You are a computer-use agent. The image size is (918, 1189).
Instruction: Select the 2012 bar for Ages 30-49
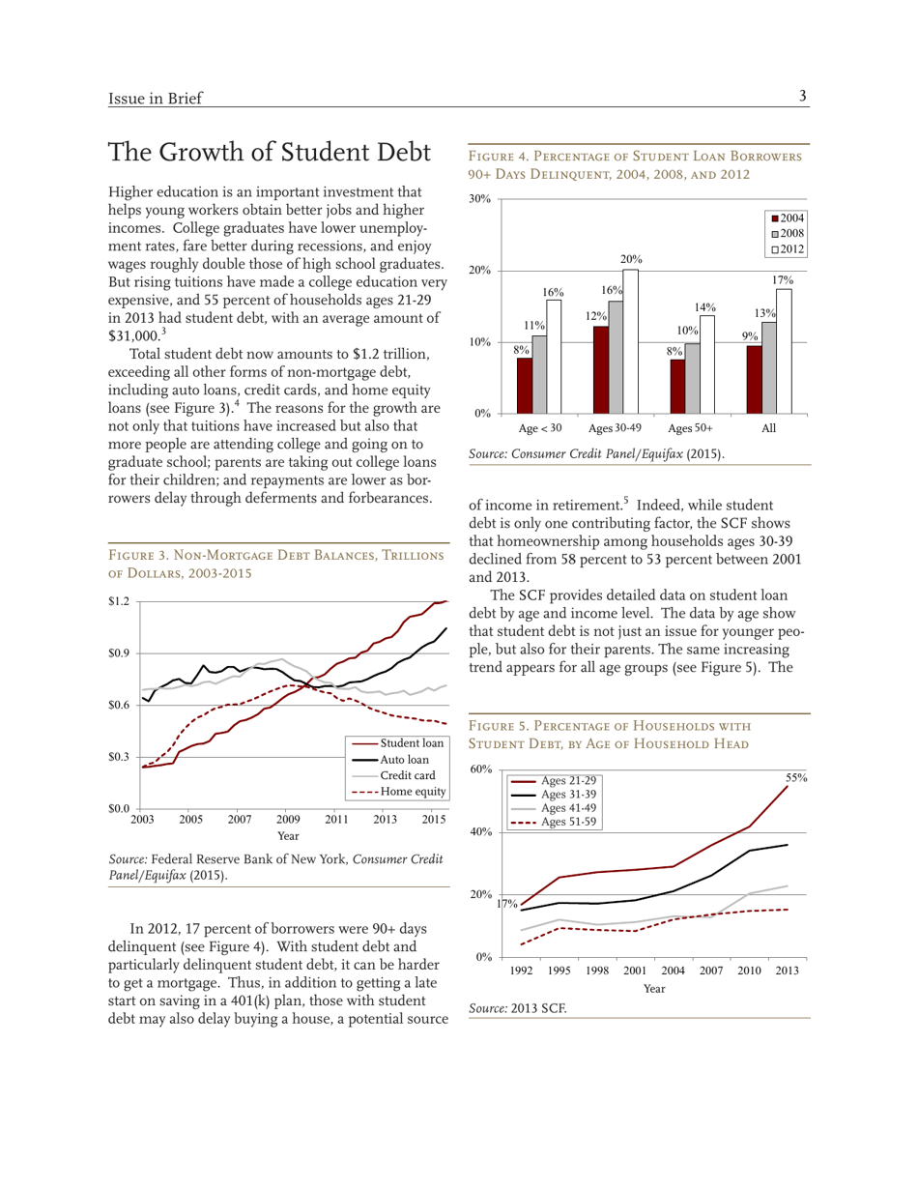pyautogui.click(x=630, y=340)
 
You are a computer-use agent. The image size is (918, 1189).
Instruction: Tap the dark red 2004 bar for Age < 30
pyautogui.click(x=524, y=385)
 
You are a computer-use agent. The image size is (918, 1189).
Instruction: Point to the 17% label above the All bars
pyautogui.click(x=782, y=279)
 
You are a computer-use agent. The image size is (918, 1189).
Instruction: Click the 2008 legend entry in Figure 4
pyautogui.click(x=789, y=234)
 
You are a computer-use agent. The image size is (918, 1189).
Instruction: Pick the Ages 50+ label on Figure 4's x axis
pyautogui.click(x=690, y=427)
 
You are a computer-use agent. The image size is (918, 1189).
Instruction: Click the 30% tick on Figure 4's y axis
pyautogui.click(x=480, y=199)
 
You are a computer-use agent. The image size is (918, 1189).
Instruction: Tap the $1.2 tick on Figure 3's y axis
pyautogui.click(x=120, y=601)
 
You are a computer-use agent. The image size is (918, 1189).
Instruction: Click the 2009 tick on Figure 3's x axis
pyautogui.click(x=288, y=820)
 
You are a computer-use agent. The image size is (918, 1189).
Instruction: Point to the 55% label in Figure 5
pyautogui.click(x=795, y=776)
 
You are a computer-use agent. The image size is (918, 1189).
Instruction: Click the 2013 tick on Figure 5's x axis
pyautogui.click(x=787, y=970)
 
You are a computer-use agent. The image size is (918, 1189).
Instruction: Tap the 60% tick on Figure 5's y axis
pyautogui.click(x=480, y=769)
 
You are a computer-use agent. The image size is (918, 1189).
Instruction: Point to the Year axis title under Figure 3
pyautogui.click(x=288, y=834)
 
